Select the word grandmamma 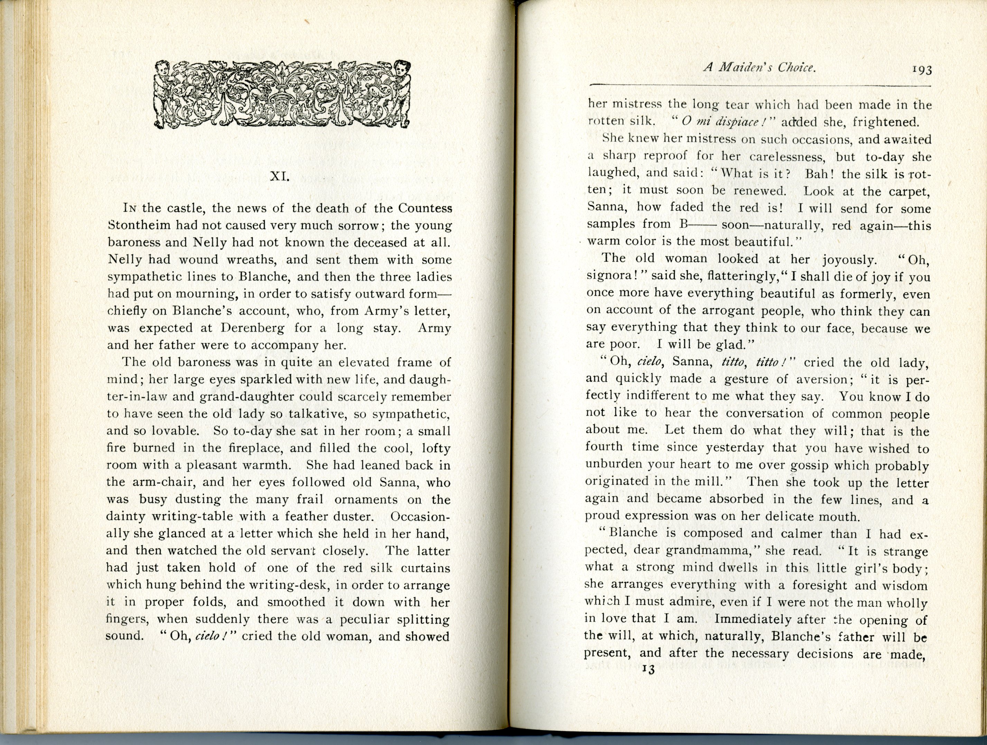(709, 551)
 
